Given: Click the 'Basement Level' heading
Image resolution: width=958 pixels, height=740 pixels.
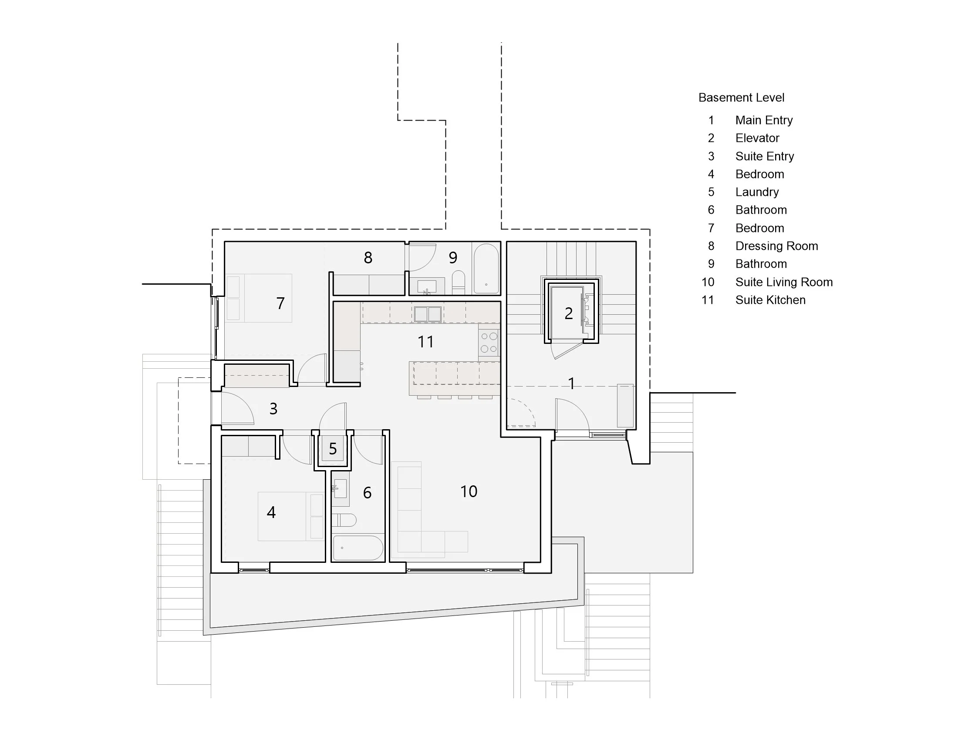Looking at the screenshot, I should (x=741, y=98).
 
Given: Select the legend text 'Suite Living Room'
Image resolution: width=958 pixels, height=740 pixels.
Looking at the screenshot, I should (x=783, y=282).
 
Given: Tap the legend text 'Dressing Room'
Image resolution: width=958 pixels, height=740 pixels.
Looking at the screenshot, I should (x=776, y=246).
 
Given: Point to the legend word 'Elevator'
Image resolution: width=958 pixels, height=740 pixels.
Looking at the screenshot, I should (x=757, y=138).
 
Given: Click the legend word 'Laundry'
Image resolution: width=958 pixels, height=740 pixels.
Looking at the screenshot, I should (x=757, y=192).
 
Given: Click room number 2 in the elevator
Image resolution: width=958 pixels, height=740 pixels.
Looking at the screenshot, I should (x=568, y=313).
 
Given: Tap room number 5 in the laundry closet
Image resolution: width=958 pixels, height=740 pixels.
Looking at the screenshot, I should (x=333, y=449).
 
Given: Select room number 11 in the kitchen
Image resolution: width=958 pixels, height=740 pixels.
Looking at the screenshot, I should (x=425, y=342).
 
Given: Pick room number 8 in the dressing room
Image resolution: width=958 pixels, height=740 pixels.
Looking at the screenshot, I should (x=368, y=258).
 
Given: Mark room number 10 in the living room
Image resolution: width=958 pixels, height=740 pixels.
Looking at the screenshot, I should (x=469, y=491).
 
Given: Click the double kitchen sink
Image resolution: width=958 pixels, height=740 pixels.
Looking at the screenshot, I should (x=428, y=314).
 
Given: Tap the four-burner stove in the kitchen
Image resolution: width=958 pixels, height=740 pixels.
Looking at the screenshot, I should (x=489, y=343).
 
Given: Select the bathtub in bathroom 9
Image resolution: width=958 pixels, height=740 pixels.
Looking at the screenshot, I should (x=486, y=269).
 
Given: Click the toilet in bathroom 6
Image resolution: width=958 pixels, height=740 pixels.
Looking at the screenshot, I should (x=345, y=520).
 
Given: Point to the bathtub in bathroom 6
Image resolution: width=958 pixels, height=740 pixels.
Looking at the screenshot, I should (x=358, y=548).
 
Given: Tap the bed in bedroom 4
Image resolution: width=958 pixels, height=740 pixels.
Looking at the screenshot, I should (x=290, y=516).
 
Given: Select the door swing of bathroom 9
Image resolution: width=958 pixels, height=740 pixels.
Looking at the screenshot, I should (x=421, y=259).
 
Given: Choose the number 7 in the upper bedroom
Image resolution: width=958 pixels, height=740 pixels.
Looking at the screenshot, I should (x=280, y=303).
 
